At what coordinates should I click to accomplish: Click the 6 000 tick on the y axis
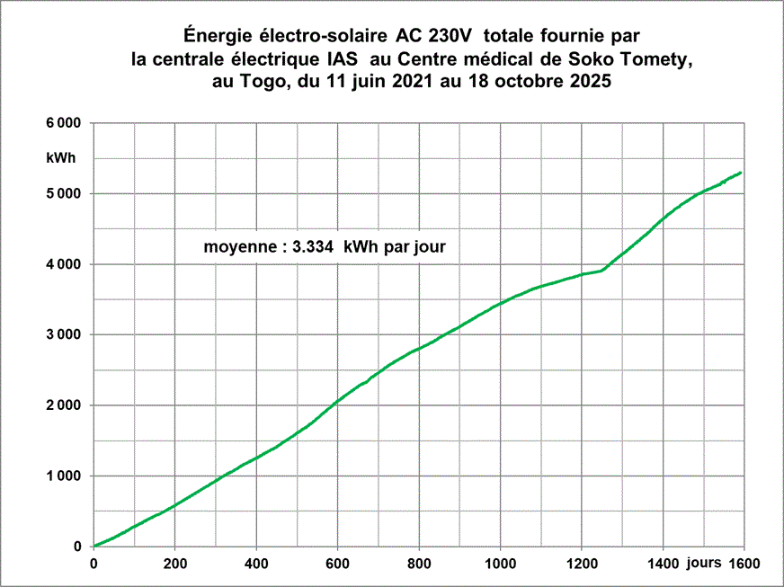coord(64,123)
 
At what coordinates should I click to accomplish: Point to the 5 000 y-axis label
coord(64,193)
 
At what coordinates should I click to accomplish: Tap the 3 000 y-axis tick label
coord(64,334)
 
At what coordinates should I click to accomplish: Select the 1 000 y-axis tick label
coord(64,476)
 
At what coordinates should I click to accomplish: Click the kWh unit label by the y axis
coord(60,158)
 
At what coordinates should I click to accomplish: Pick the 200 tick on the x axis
coord(175,564)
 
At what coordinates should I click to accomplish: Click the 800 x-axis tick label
coord(419,564)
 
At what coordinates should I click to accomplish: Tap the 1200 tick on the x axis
coord(582,564)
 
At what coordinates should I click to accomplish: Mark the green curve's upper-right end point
coord(741,173)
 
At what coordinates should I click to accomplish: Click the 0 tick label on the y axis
coord(77,547)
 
